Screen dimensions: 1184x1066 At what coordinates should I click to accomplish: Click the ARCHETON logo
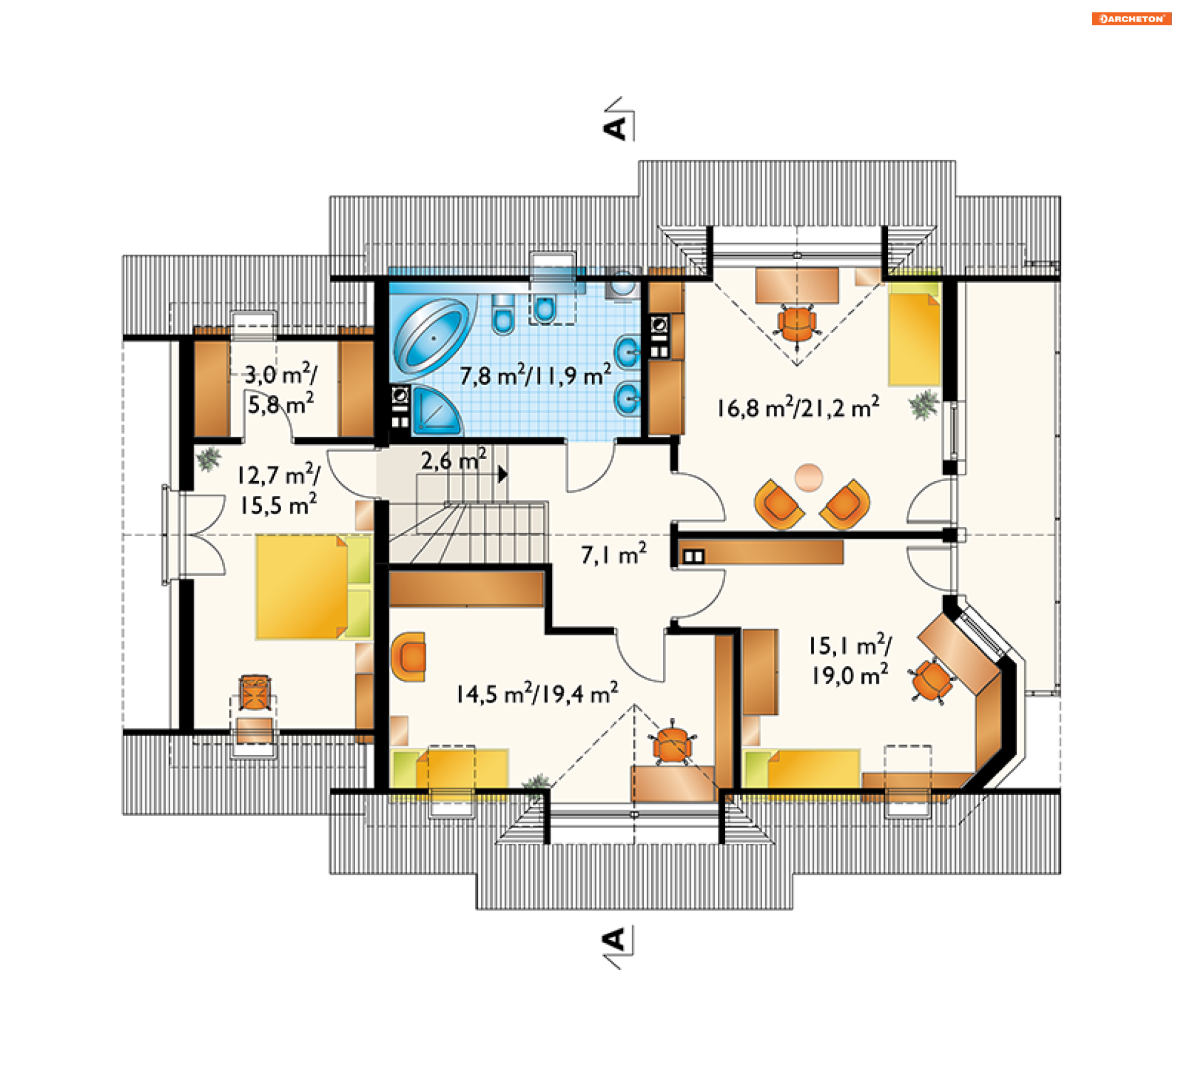coord(1132,19)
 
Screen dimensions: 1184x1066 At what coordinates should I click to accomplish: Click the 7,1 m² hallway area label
coord(614,554)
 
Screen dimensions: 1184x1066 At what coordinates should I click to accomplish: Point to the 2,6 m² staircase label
coord(454,460)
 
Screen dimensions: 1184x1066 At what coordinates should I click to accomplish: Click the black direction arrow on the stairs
coord(503,474)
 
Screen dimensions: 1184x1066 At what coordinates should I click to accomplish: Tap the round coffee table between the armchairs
coord(808,477)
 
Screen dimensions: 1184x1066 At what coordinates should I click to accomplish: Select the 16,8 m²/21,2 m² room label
coord(798,408)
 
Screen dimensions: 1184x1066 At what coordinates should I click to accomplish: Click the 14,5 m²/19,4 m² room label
coord(537,694)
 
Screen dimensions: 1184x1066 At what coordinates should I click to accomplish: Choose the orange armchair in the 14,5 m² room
coord(409,656)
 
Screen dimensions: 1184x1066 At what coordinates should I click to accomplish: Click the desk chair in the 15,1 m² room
coord(932,680)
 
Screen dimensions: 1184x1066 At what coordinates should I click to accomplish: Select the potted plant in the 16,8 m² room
coord(924,405)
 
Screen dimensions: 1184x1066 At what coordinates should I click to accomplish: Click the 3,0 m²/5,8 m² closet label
coord(281,390)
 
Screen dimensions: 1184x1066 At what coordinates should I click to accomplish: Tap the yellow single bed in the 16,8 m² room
coord(914,334)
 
